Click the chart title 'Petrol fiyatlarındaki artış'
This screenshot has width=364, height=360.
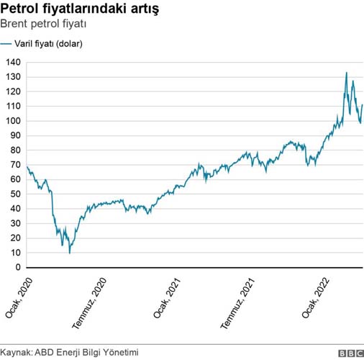81,11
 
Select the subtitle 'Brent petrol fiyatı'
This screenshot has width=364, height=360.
49,26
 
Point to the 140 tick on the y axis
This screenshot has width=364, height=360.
14,62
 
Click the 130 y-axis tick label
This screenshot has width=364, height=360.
14,77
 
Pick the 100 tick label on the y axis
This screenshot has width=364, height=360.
14,121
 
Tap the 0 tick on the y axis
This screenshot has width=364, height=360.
18,268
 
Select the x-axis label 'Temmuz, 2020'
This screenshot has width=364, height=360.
91,302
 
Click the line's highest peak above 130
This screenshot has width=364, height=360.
347,73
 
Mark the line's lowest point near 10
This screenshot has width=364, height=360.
70,253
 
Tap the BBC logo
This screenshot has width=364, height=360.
350,352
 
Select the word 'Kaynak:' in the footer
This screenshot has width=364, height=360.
15,352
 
